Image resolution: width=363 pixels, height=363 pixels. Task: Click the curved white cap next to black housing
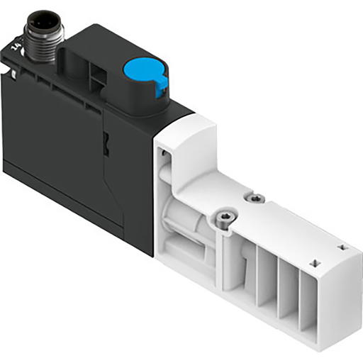pyautogui.click(x=183, y=135)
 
